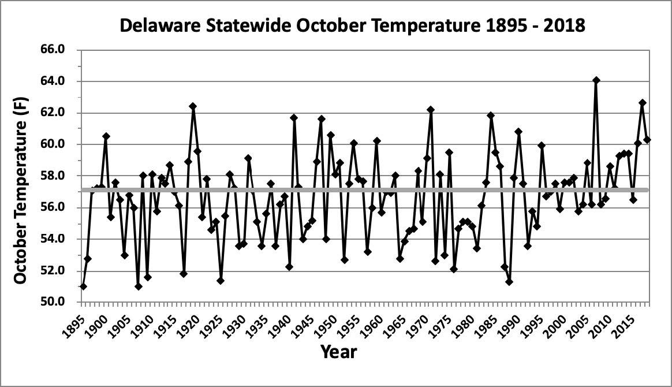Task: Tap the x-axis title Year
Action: tap(339, 352)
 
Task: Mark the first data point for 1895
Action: tap(83, 286)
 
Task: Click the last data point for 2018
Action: tap(647, 140)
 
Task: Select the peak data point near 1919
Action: tap(193, 106)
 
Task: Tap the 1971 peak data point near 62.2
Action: tap(431, 110)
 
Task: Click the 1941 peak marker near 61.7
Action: tap(294, 118)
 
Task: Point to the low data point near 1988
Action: tap(509, 281)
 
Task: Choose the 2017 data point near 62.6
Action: tap(643, 103)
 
